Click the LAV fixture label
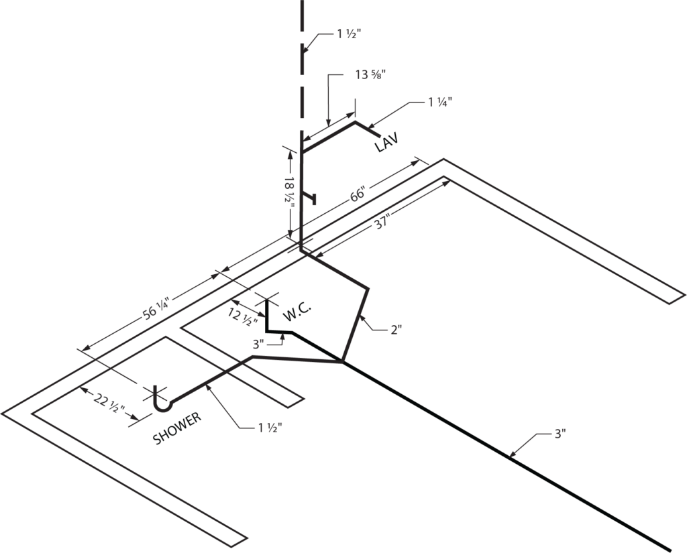[386, 141]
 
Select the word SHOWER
[177, 428]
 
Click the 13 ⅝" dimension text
[369, 76]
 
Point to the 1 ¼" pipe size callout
[440, 102]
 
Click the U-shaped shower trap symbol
[162, 401]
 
